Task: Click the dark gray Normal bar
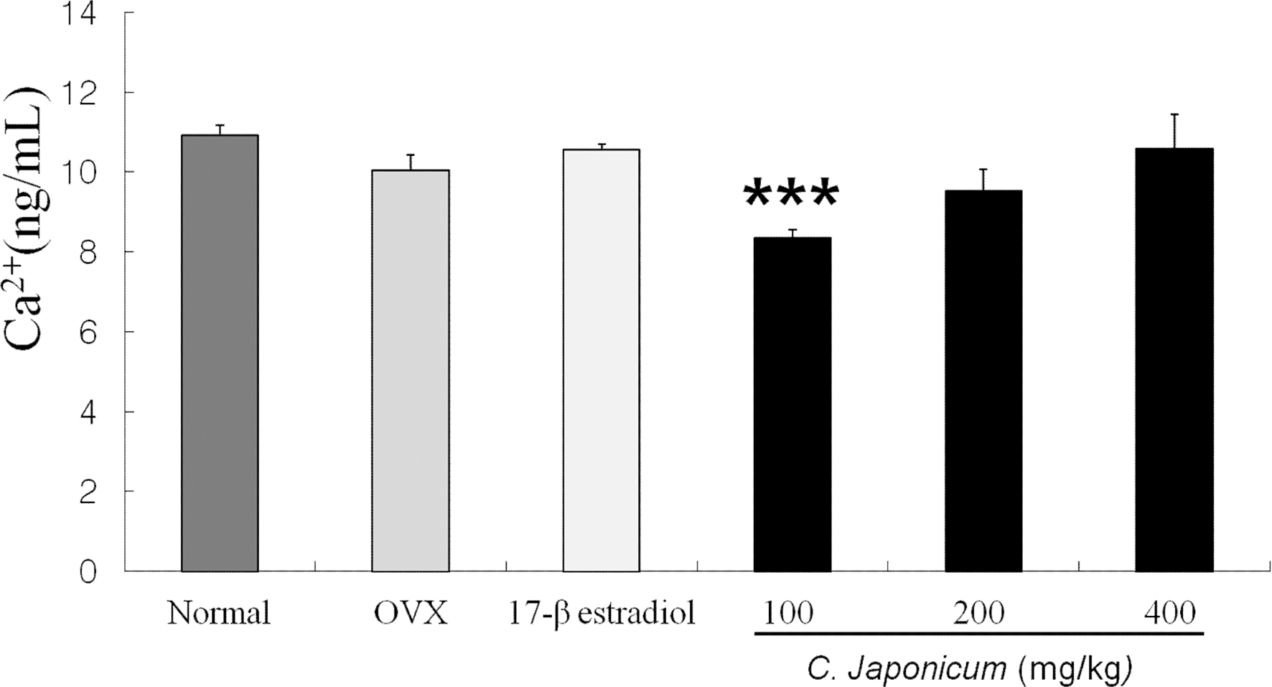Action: (x=220, y=353)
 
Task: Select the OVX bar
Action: (x=410, y=371)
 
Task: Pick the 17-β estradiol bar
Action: (x=601, y=360)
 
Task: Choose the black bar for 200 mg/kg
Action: (x=983, y=381)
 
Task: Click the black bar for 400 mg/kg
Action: (x=1174, y=359)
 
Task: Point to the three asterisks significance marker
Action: (x=791, y=195)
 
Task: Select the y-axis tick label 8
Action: (x=87, y=253)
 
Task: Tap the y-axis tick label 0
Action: (x=87, y=573)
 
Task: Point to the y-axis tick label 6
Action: (x=87, y=333)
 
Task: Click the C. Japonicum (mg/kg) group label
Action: (x=970, y=669)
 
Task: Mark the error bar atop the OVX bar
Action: (x=411, y=162)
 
